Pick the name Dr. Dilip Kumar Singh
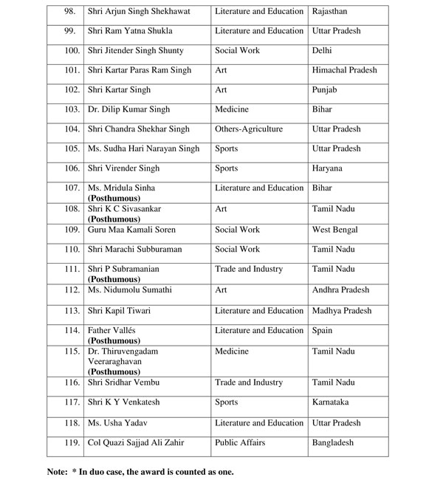[128, 110]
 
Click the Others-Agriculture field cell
[249, 129]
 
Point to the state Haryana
[327, 168]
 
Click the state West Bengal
[335, 230]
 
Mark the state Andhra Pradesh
[340, 290]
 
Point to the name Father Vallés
[112, 330]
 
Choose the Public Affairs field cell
[240, 443]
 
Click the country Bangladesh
[333, 443]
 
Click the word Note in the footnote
[56, 471]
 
